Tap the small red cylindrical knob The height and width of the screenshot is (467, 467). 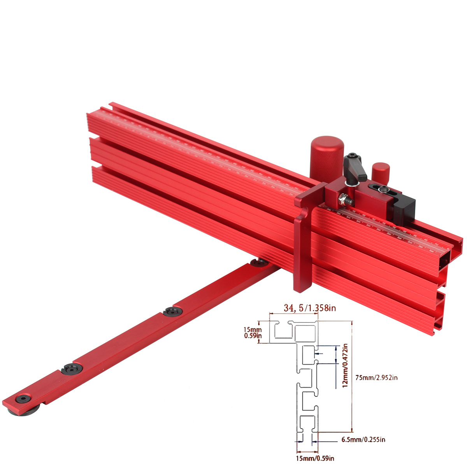380,172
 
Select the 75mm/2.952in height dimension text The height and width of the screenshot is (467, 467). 377,377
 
